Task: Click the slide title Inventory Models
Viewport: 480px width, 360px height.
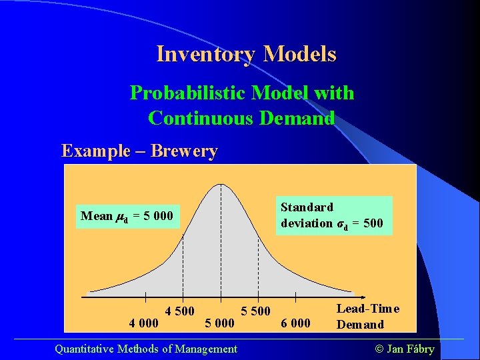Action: [x=246, y=54]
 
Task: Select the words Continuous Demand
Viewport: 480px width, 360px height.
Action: [x=241, y=118]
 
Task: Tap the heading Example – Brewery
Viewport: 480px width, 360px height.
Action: [x=139, y=151]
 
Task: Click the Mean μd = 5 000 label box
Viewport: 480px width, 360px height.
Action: [x=127, y=216]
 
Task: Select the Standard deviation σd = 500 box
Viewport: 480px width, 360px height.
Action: [x=332, y=215]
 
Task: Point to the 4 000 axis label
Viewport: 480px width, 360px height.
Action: [x=144, y=323]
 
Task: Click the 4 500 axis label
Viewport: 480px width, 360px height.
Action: [x=180, y=311]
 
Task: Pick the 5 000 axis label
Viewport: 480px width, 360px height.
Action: [x=219, y=323]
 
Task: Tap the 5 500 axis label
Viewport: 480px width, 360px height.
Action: [x=255, y=311]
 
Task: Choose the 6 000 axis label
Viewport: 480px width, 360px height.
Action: [x=295, y=323]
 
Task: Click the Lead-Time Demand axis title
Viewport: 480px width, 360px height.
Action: [x=367, y=316]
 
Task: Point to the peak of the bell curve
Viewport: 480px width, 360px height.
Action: [x=221, y=185]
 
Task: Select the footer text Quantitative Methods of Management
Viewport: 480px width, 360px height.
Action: [x=146, y=349]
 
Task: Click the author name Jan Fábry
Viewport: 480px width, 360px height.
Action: [x=410, y=349]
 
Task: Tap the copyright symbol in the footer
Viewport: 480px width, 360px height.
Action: [x=379, y=349]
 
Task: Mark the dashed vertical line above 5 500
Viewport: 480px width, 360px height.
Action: [x=259, y=267]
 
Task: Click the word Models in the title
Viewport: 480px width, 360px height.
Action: [x=300, y=54]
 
